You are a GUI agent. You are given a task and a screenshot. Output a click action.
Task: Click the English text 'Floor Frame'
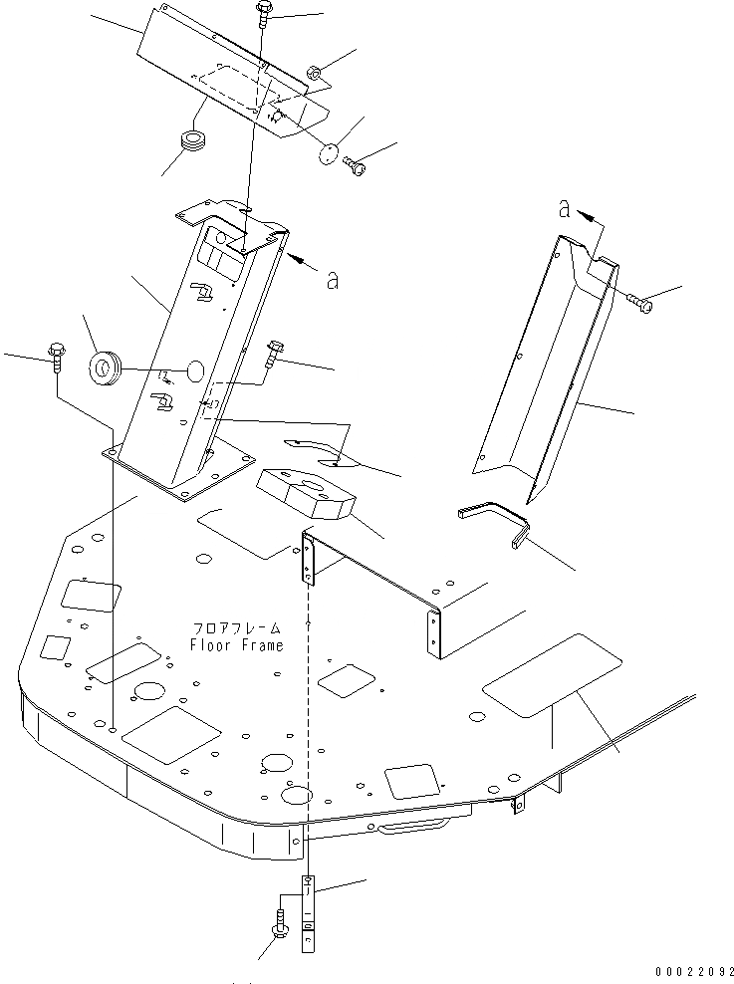coord(236,645)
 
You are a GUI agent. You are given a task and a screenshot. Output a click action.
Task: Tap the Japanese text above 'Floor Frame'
coord(238,629)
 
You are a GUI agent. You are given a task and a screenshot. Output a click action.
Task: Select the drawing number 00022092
coord(694,970)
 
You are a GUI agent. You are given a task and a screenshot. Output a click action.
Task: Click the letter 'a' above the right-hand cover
coord(565,209)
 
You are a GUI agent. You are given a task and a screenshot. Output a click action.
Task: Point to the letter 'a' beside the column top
coord(332,281)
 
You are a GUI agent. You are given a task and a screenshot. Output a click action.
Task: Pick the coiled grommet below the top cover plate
coord(190,141)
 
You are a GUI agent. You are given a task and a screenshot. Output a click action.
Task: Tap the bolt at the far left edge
coord(54,356)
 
